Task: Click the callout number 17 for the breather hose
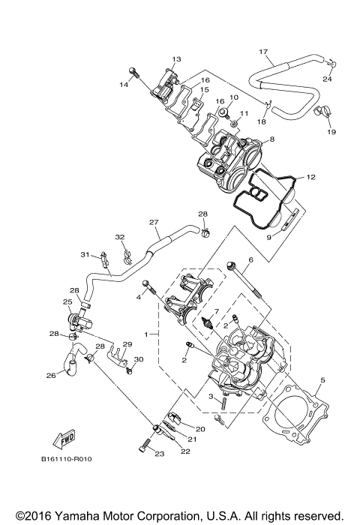pyautogui.click(x=263, y=52)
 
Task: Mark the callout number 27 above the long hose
pyautogui.click(x=154, y=222)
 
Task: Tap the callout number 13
pyautogui.click(x=177, y=58)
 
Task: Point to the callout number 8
pyautogui.click(x=271, y=139)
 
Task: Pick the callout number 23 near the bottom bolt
pyautogui.click(x=159, y=453)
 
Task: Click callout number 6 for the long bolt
pyautogui.click(x=250, y=259)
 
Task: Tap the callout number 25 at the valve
pyautogui.click(x=67, y=302)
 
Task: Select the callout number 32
pyautogui.click(x=119, y=238)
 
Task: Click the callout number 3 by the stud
pyautogui.click(x=212, y=397)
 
